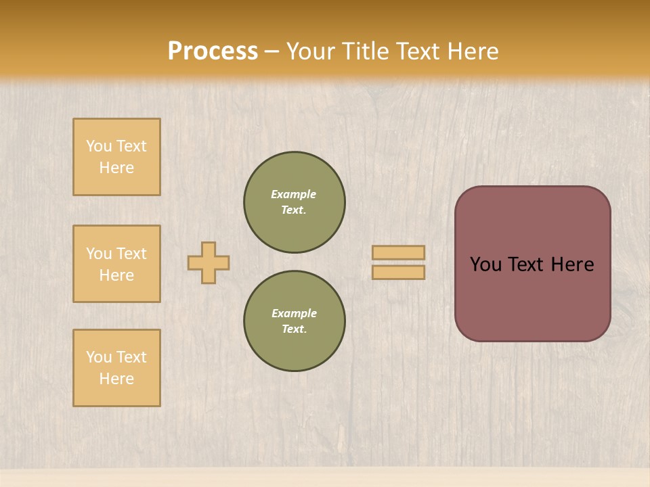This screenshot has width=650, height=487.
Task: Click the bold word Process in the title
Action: (x=213, y=51)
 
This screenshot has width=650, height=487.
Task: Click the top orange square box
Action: (x=116, y=157)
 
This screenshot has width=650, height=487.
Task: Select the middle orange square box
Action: (x=116, y=264)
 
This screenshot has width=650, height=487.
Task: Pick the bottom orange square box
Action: (x=116, y=368)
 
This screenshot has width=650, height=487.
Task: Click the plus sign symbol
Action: (x=209, y=262)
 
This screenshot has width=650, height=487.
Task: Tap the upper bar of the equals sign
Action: (x=398, y=252)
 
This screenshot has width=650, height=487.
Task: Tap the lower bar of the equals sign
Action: (x=398, y=273)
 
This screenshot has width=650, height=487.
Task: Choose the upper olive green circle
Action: (x=295, y=202)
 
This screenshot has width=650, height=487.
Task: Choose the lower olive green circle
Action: (x=295, y=321)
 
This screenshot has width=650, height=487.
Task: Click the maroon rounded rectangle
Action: (x=532, y=264)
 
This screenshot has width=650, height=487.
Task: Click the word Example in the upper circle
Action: (x=293, y=194)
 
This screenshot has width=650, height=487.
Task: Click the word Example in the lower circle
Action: (x=294, y=313)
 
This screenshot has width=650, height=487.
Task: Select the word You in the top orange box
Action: (x=98, y=146)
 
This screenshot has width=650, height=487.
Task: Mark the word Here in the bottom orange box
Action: (x=116, y=379)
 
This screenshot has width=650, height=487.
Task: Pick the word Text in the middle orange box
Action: (x=131, y=254)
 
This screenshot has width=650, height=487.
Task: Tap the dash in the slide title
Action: (x=272, y=51)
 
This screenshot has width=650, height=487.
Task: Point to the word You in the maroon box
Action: (x=485, y=264)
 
